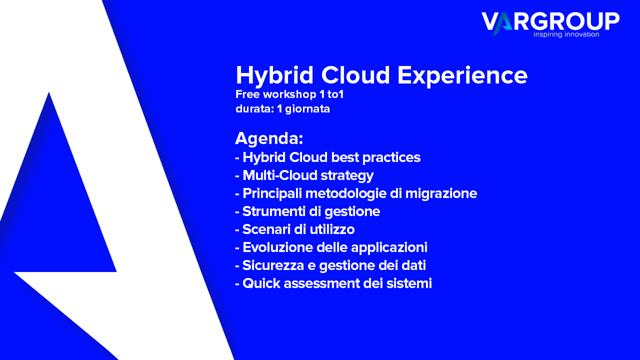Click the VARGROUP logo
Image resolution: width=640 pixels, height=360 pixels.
pos(550,24)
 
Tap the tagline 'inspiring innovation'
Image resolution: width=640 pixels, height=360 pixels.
pos(566,34)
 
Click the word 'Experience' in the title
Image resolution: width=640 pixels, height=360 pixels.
pos(462,76)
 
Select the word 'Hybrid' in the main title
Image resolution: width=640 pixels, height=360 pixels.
pos(274,76)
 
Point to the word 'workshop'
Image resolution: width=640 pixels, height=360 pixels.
pos(289,94)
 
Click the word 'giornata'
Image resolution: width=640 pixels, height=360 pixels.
pos(307,109)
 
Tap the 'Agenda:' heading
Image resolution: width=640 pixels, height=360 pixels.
pos(269,138)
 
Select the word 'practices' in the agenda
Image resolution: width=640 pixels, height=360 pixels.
pos(391,157)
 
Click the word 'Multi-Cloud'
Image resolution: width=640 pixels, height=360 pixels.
pos(279,175)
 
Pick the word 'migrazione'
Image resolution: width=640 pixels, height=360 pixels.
pos(441,193)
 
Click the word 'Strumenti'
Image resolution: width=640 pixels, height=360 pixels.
pos(274,211)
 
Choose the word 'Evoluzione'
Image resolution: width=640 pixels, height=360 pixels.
pos(277,247)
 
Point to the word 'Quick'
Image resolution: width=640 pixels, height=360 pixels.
pos(261,283)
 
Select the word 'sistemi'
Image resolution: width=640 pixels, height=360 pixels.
pos(409,283)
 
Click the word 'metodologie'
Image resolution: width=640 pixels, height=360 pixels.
pos(346,193)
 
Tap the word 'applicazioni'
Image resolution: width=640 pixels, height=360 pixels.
pos(389,247)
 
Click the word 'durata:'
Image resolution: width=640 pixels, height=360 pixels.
pos(255,109)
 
